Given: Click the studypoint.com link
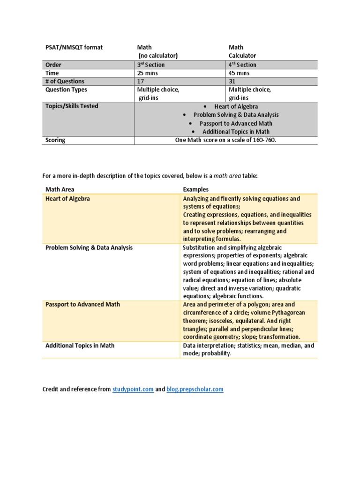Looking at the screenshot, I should [133, 389].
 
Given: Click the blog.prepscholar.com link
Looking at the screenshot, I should [195, 389].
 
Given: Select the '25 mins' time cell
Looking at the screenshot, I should [147, 73].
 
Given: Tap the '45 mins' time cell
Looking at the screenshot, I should [239, 73].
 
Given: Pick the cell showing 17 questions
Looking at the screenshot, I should [141, 81].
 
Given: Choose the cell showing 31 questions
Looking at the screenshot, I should [232, 81].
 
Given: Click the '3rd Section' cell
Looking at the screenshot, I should [150, 65].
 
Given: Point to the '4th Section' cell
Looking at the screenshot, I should [242, 65].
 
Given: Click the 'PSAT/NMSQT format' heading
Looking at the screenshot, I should [74, 47].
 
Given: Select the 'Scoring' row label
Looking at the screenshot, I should [55, 140].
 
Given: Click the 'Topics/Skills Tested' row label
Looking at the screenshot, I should [72, 106].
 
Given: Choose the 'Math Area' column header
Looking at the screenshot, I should [60, 189].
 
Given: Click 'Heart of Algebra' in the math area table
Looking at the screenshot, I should [67, 199].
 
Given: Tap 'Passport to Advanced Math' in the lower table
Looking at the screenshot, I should [82, 304].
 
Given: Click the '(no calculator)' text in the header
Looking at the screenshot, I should [157, 56].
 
